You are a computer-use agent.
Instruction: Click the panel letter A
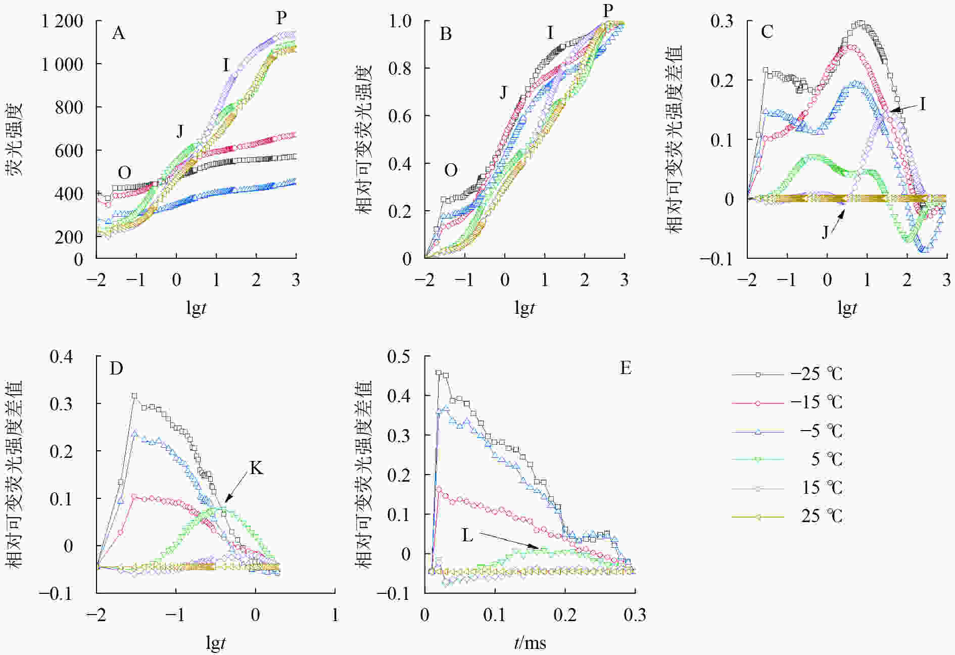point(118,33)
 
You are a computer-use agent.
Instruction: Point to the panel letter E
point(626,368)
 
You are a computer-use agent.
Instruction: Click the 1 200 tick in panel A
point(62,21)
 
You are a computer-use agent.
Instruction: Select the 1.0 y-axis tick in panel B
point(400,21)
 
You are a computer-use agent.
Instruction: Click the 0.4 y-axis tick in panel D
point(61,356)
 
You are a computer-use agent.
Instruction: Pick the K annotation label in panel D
point(256,469)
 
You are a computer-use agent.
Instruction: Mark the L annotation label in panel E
point(467,535)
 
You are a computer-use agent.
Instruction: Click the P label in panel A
point(281,18)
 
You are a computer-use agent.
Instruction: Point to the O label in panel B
point(451,170)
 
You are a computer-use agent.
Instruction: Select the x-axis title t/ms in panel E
point(530,643)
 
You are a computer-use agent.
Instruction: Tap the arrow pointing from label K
point(234,490)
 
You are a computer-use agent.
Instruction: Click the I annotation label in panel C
point(923,104)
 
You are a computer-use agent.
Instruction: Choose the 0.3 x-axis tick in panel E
point(635,615)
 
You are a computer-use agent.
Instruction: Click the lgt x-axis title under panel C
point(847,307)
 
